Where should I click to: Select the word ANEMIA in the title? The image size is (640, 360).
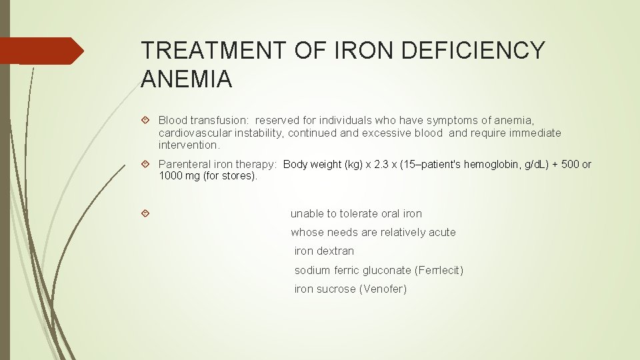(x=187, y=80)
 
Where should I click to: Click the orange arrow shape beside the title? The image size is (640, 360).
(x=41, y=51)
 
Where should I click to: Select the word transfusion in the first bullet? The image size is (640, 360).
(x=219, y=121)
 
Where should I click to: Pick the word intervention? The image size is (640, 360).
(x=189, y=145)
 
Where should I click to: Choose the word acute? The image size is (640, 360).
(x=443, y=233)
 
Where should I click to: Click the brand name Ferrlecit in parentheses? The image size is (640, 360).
(x=439, y=270)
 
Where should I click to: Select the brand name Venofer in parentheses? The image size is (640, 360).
(x=383, y=289)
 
